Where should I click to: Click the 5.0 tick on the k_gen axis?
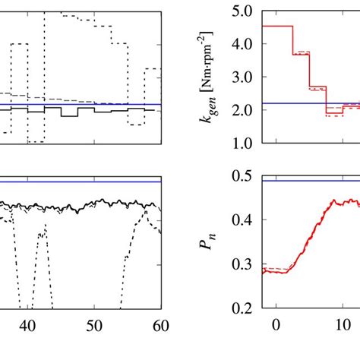[x=244, y=12]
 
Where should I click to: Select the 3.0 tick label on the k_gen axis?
[x=244, y=77]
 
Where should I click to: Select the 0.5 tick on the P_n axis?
[x=244, y=176]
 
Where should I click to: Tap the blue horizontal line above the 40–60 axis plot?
[x=76, y=182]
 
